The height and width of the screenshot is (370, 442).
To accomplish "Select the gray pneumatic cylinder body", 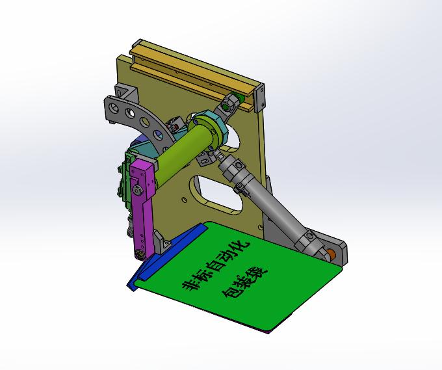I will pyautogui.click(x=276, y=207).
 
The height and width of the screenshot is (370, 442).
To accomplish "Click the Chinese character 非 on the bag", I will pyautogui.click(x=190, y=286).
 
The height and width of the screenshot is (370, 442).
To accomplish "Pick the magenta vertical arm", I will pyautogui.click(x=142, y=195).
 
